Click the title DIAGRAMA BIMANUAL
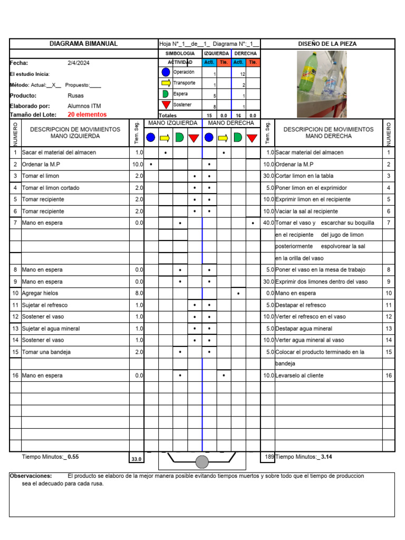(x=83, y=44)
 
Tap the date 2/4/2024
(x=79, y=63)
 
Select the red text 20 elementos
(x=87, y=114)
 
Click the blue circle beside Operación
(x=166, y=72)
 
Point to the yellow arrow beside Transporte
(x=166, y=83)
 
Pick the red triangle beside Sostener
(x=166, y=105)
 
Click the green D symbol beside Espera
(x=166, y=94)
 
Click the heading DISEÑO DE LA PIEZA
(x=327, y=44)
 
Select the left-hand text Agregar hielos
(x=40, y=293)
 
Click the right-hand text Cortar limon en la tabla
(x=304, y=176)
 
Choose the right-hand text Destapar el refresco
(x=301, y=305)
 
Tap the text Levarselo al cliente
(x=300, y=375)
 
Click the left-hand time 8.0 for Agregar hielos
(x=139, y=293)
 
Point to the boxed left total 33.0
(x=137, y=459)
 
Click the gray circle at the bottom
(x=202, y=462)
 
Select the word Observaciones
(x=31, y=476)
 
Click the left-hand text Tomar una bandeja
(x=46, y=352)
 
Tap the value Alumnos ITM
(x=84, y=106)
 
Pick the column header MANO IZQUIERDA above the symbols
(x=173, y=123)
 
